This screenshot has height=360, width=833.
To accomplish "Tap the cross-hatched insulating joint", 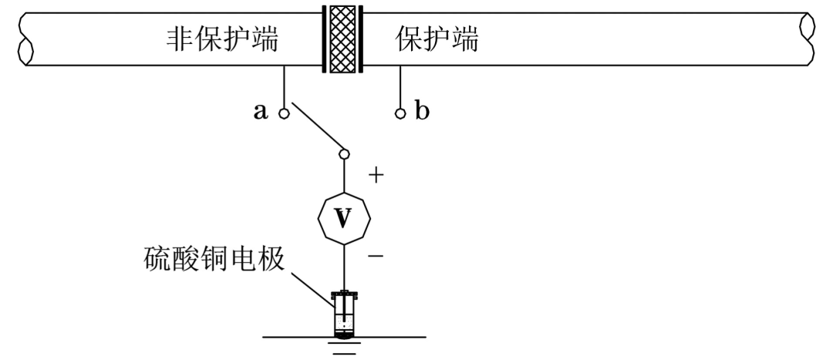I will pos(342,39).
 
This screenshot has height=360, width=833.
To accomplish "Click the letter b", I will pos(422,112).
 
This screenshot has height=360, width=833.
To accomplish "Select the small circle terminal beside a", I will pos(284,113).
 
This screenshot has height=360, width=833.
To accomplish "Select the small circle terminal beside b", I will pos(400,113).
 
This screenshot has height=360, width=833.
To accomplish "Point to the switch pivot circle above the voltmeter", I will pos(344,155).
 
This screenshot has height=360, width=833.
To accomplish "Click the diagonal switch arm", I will pos(315,131).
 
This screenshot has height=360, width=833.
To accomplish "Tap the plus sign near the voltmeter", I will pos(376,176).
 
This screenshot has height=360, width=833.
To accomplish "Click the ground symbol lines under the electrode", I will pos(344,348).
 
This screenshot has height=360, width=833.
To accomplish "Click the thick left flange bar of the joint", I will pos(325,39).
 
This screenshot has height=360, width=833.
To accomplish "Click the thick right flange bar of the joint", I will pos(360,39).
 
